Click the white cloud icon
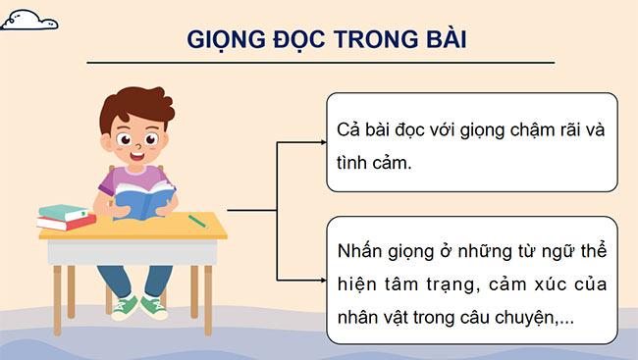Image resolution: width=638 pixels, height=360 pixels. pyautogui.click(x=29, y=18)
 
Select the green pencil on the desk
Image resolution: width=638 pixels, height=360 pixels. pyautogui.click(x=197, y=221)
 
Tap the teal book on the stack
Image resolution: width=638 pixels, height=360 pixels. pyautogui.click(x=63, y=211)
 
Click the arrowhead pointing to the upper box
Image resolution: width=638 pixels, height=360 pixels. pyautogui.click(x=320, y=142)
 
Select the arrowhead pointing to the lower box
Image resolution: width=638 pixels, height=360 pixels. pyautogui.click(x=320, y=281)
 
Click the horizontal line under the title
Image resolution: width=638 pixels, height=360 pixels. pyautogui.click(x=320, y=64)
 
